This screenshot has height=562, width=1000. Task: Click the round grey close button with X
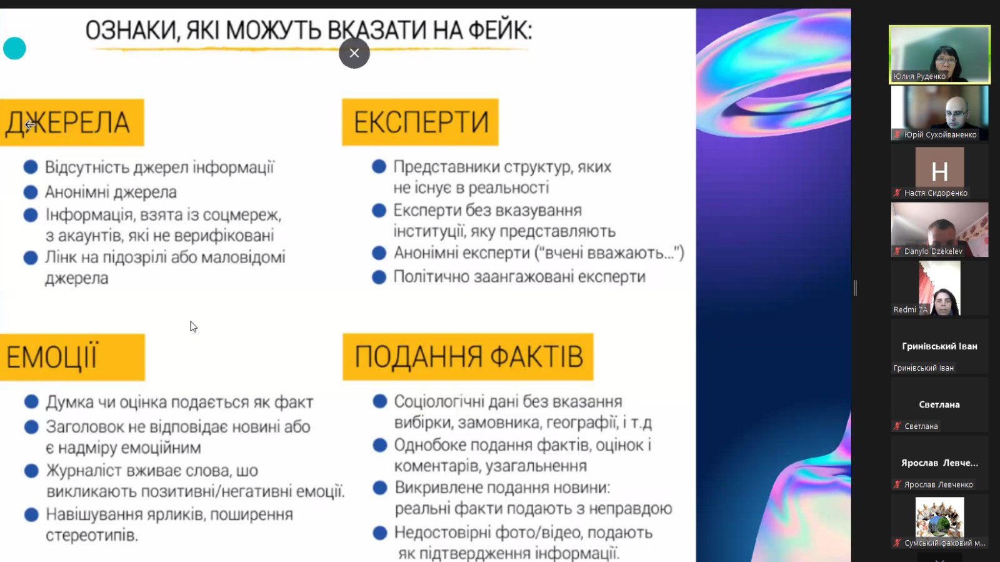pos(354,53)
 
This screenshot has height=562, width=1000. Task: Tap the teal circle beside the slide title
pos(14,48)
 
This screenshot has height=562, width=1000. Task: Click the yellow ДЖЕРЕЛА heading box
pos(72,123)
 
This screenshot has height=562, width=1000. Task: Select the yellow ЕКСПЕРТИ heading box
pos(420,122)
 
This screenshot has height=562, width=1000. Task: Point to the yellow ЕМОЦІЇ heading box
pos(72,357)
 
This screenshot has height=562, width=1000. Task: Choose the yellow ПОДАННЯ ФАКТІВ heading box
pos(468,357)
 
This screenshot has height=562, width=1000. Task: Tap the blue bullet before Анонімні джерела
pos(31,192)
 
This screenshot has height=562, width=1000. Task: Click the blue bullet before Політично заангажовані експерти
pos(379,277)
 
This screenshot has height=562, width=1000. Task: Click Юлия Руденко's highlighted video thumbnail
pos(940,54)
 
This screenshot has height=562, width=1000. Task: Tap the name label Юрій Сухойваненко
pos(940,134)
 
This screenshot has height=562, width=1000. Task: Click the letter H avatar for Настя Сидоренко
pos(940,167)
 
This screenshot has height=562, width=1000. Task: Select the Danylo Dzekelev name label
pos(933,251)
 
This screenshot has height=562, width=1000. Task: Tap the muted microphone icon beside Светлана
pos(897,426)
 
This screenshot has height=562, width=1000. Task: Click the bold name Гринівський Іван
pos(940,346)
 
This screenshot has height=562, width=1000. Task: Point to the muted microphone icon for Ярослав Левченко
pos(897,484)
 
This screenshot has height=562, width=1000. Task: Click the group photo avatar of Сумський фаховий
pos(940,518)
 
